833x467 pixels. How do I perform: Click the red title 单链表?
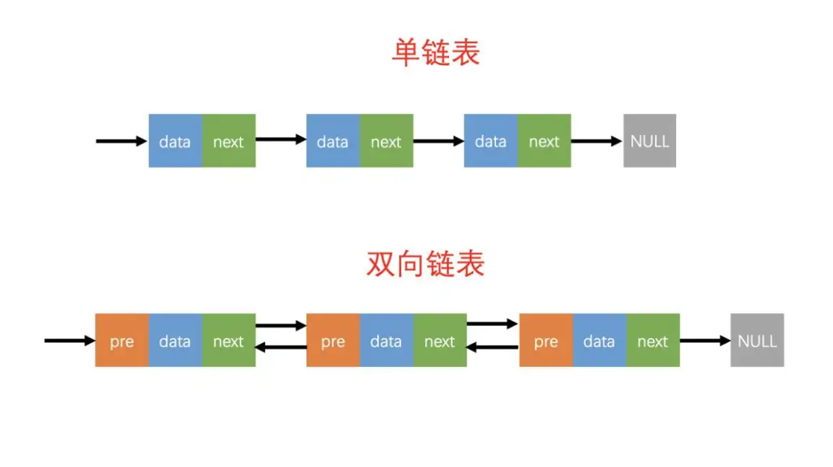[x=436, y=53]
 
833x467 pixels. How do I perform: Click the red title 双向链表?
[x=425, y=264]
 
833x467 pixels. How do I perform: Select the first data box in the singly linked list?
[x=175, y=141]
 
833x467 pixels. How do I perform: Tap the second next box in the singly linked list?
[x=386, y=141]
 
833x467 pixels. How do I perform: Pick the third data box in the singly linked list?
[x=490, y=141]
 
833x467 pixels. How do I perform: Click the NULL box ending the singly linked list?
[x=649, y=141]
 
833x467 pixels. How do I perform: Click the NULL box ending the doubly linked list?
[x=757, y=341]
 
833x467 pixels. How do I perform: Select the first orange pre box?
[x=122, y=341]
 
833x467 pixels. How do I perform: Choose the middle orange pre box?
[x=333, y=341]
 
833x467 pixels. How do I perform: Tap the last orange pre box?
[x=545, y=341]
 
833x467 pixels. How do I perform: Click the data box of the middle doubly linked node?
[x=386, y=341]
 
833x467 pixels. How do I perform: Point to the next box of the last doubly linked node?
[x=652, y=341]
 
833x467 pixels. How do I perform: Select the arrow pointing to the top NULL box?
[x=597, y=141]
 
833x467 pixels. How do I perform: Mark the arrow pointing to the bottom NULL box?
[x=705, y=341]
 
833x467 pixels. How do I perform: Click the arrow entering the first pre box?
[x=69, y=341]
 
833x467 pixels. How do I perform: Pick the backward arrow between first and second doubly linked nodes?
[x=281, y=347]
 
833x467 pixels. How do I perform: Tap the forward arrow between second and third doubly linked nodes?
[x=492, y=325]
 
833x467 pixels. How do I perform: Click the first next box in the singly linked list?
[x=229, y=141]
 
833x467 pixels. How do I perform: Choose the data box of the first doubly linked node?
[x=175, y=341]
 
